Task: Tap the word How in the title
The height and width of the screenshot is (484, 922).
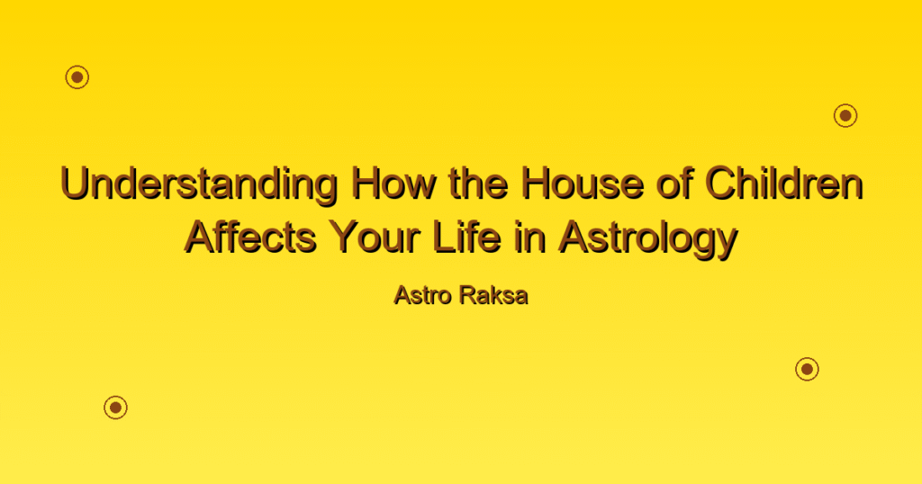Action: point(394,184)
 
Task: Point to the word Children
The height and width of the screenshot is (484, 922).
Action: point(784,184)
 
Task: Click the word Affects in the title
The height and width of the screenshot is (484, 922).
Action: point(251,238)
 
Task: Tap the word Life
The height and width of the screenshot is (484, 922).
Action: point(467,238)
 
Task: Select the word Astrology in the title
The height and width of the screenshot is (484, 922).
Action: point(647,240)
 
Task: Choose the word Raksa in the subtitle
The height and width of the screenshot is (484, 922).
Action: point(494,295)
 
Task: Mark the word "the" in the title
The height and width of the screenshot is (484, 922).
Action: point(479,184)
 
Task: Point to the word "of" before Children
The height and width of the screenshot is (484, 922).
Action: point(675,184)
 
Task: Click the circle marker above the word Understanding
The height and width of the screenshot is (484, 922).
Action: point(77,77)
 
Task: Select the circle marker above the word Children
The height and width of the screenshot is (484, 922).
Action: point(845,116)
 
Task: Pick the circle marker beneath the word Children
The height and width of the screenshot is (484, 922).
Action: point(808,369)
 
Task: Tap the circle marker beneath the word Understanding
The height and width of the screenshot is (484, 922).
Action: point(116,408)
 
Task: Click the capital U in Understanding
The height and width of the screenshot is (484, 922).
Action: point(75,184)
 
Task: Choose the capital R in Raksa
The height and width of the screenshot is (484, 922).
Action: point(468,295)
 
